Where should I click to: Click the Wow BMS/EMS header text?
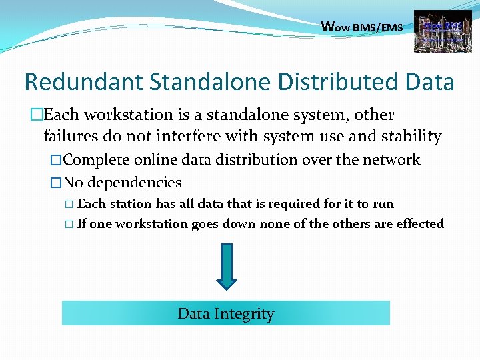coord(362,27)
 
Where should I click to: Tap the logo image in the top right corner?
coord(438,31)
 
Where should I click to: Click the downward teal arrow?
coord(227,266)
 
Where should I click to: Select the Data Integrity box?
coord(226,313)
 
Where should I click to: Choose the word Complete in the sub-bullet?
coord(97,160)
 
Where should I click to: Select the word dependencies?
coord(135,183)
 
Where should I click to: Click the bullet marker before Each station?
coord(70,205)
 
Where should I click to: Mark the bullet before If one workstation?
coord(70,225)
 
